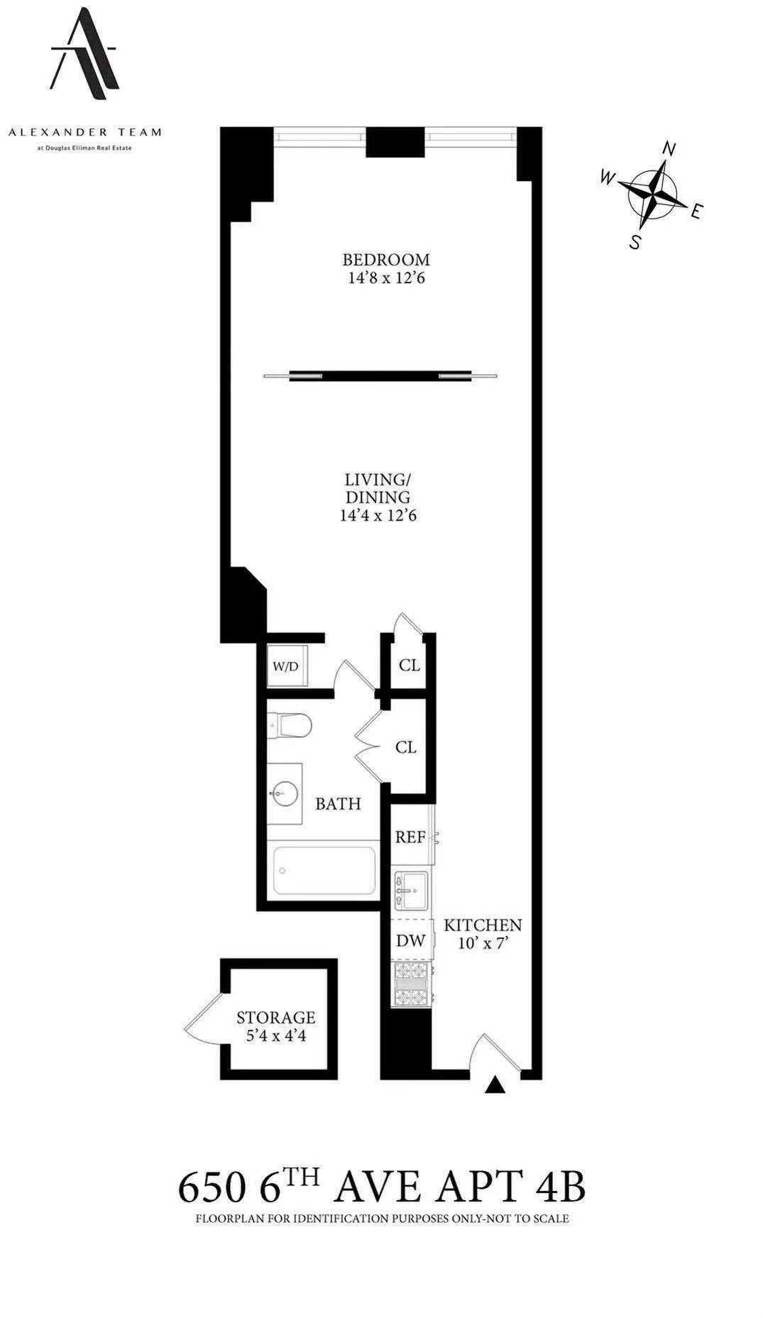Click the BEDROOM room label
385,260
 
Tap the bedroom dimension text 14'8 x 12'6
385,278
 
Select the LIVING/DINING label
378,488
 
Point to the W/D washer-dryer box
286,666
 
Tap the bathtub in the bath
324,870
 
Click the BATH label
338,803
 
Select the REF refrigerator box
411,837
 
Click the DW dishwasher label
410,941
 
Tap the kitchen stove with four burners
412,984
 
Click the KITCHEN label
483,925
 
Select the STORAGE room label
275,1018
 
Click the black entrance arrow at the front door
495,1085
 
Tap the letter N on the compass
669,148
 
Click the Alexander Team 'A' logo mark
84,53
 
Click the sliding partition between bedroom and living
380,375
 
